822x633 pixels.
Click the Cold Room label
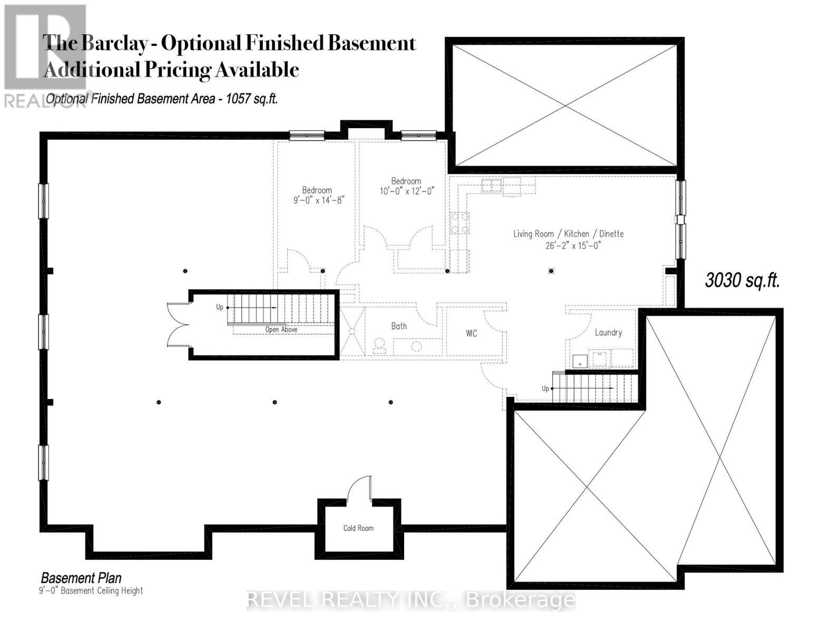pos(358,528)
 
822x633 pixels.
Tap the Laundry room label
pos(608,333)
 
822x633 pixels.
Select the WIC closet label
pos(471,333)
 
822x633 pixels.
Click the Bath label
pos(399,326)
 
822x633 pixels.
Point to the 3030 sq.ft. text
pos(742,281)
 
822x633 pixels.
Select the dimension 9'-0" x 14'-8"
pos(319,200)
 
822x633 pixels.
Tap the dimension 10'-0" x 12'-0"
pos(406,191)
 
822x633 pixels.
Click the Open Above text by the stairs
pos(281,330)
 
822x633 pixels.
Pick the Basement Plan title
pos(81,578)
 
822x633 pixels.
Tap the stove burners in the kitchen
pos(459,222)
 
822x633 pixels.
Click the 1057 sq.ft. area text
pos(252,99)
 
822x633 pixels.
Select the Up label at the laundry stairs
pos(545,388)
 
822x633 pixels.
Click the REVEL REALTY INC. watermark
pos(411,600)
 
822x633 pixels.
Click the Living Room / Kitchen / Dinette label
pos(569,234)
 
